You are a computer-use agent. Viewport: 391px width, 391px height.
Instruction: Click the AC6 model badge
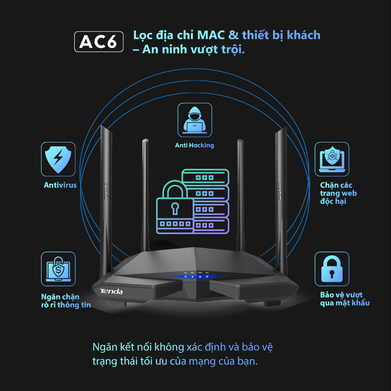point(99,42)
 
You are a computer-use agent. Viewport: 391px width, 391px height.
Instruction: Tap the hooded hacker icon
point(195,120)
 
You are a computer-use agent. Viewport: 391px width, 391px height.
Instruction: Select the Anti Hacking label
point(194,145)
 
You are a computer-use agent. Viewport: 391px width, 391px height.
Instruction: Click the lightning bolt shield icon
point(58,159)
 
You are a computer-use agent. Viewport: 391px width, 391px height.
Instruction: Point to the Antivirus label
point(60,185)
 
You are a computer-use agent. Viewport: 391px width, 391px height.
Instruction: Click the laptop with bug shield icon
point(331,159)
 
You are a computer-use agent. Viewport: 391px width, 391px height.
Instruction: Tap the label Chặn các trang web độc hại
point(338,193)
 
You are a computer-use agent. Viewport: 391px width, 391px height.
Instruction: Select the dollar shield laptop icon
point(58,269)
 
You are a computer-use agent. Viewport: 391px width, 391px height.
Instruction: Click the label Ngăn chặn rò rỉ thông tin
point(66,301)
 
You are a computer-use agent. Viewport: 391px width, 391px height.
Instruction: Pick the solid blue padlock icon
point(331,269)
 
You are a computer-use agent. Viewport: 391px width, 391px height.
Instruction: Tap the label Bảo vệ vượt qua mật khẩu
point(345,299)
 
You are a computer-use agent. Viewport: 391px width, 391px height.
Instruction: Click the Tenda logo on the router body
point(111,292)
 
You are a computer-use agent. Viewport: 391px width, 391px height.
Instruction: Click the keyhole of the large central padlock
point(174,208)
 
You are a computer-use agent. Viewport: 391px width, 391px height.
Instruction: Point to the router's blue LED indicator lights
point(196,276)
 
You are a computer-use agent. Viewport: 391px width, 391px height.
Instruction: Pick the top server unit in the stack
point(205,177)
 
